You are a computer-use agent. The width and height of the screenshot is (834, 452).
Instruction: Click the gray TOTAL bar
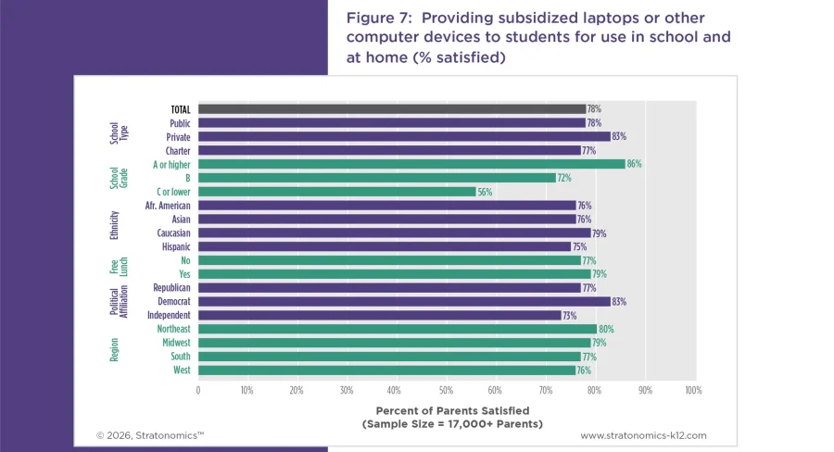(391, 108)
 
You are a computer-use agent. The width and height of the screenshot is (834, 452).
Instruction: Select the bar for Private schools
(403, 136)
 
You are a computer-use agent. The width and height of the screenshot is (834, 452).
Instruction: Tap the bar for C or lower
(336, 192)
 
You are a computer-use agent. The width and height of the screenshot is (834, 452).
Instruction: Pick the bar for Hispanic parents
(384, 246)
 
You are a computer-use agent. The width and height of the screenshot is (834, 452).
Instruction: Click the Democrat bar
(403, 301)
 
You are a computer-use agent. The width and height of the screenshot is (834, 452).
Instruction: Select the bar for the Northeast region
(397, 329)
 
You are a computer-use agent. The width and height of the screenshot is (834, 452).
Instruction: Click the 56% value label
(485, 192)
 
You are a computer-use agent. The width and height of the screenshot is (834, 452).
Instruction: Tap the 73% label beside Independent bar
(570, 315)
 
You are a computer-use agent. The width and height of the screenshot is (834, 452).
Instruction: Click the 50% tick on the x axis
(446, 390)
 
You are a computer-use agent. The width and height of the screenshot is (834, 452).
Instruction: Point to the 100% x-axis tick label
(692, 390)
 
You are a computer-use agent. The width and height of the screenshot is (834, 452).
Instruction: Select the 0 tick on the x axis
(198, 390)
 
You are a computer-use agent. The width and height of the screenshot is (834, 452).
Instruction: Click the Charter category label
(178, 150)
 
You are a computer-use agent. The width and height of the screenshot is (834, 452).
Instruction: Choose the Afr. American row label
(168, 205)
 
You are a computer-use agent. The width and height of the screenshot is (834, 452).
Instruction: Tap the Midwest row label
(176, 343)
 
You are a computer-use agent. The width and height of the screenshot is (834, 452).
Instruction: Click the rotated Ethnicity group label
(114, 225)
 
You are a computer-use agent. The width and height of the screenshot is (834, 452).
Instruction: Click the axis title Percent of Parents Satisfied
(446, 410)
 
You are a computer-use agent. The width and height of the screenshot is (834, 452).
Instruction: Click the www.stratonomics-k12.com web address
(643, 434)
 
